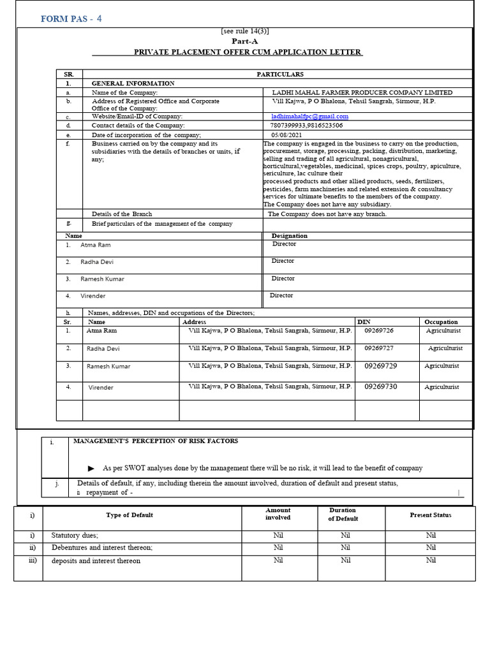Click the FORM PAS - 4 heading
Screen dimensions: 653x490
pyautogui.click(x=71, y=18)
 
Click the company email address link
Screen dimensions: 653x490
pyautogui.click(x=309, y=117)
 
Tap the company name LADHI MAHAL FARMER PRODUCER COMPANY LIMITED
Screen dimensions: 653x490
pyautogui.click(x=362, y=92)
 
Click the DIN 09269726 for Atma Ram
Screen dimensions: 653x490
pyautogui.click(x=379, y=331)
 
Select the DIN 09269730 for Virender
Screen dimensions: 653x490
pyautogui.click(x=380, y=387)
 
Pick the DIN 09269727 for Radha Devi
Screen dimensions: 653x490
pyautogui.click(x=379, y=348)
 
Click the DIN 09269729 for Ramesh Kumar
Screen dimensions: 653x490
pyautogui.click(x=380, y=366)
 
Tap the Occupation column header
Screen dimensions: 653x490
pyautogui.click(x=441, y=322)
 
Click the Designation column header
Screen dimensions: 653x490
pyautogui.click(x=289, y=235)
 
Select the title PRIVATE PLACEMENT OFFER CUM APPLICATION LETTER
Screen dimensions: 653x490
pyautogui.click(x=248, y=52)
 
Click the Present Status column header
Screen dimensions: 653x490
pyautogui.click(x=430, y=515)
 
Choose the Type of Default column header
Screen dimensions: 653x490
pyautogui.click(x=130, y=515)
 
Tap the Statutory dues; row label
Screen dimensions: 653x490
pyautogui.click(x=75, y=536)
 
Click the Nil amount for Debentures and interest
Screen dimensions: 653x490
pyautogui.click(x=278, y=548)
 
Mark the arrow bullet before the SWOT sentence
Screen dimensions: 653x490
pyautogui.click(x=91, y=468)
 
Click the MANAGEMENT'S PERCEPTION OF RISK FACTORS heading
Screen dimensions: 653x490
pyautogui.click(x=156, y=441)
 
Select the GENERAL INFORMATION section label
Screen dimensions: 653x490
pyautogui.click(x=133, y=84)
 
